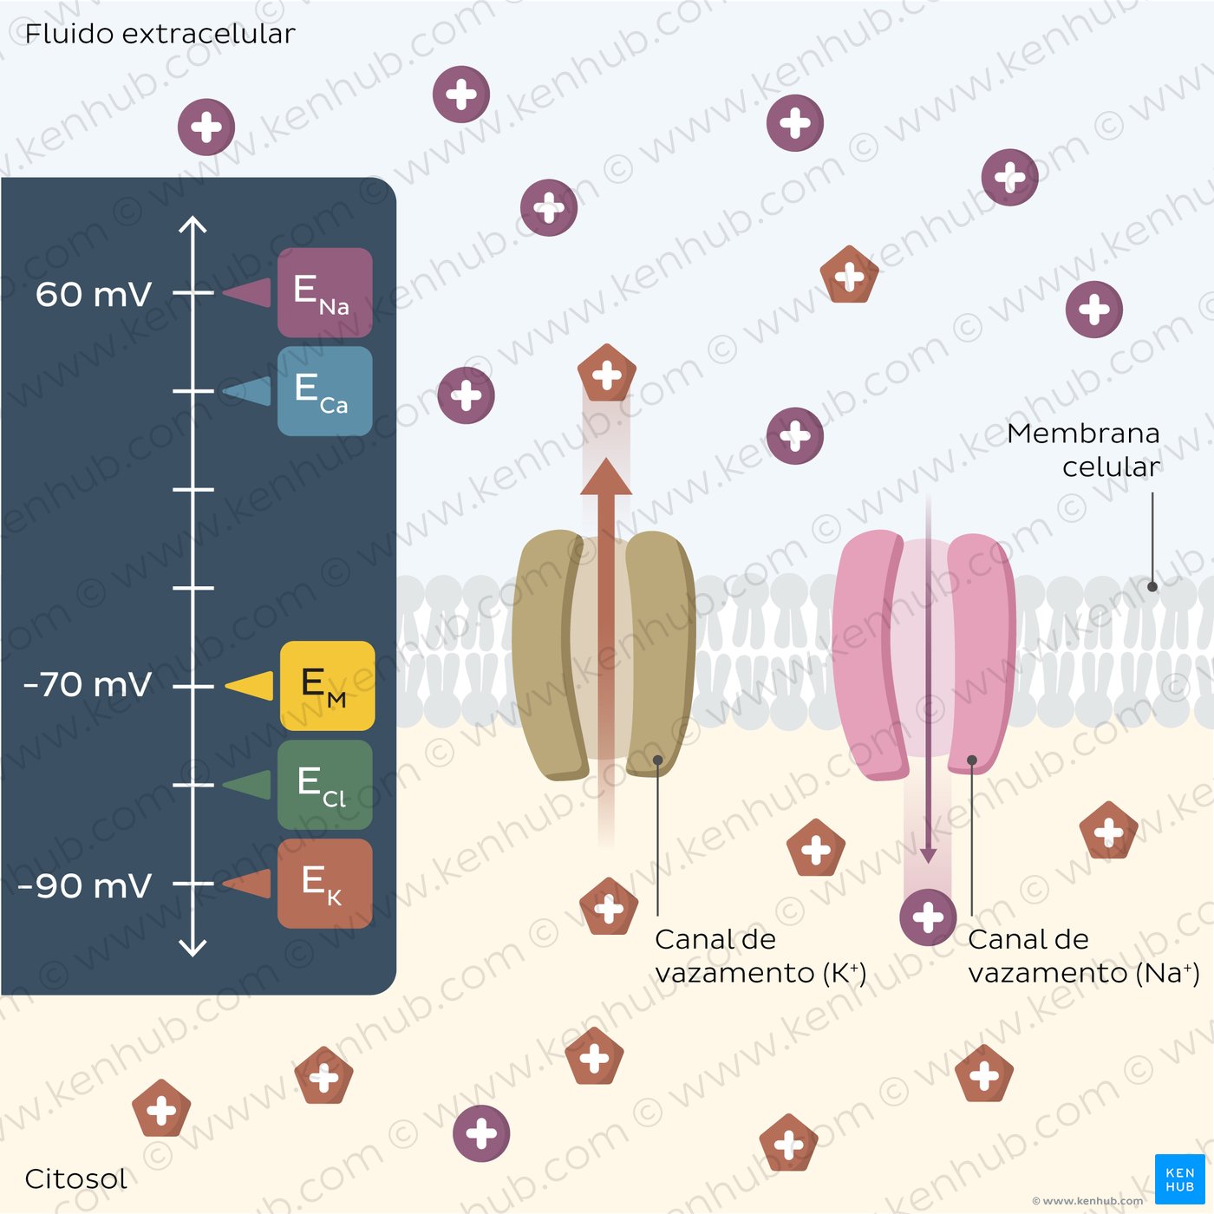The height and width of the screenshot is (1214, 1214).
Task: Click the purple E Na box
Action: [x=324, y=292]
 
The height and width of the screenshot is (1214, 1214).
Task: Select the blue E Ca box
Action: [x=324, y=390]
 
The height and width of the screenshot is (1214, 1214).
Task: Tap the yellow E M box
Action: [x=327, y=685]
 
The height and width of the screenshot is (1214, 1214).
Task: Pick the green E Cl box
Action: [x=324, y=785]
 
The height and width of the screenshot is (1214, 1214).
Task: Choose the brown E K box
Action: [x=324, y=884]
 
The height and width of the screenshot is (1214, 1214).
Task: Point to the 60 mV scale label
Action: [x=94, y=294]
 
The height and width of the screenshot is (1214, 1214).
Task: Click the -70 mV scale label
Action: [x=87, y=684]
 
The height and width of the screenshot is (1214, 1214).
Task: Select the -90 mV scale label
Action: [x=84, y=885]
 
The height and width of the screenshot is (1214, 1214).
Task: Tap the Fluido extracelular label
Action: [x=160, y=34]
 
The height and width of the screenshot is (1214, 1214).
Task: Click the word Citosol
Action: [x=75, y=1178]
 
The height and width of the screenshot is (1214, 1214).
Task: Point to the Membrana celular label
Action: [x=1083, y=450]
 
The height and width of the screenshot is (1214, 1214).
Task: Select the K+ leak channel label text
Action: [x=760, y=956]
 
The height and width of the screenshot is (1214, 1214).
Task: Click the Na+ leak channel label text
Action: [x=1084, y=956]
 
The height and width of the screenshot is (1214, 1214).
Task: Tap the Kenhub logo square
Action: [x=1180, y=1179]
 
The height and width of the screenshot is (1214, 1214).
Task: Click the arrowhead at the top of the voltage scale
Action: [x=193, y=225]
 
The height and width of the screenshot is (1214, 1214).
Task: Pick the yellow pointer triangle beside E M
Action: [x=249, y=685]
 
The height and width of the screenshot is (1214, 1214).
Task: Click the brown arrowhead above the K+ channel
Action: [x=606, y=477]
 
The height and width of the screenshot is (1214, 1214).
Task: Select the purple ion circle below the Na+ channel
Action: [x=928, y=917]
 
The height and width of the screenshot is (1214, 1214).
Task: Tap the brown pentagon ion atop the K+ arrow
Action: [x=607, y=374]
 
